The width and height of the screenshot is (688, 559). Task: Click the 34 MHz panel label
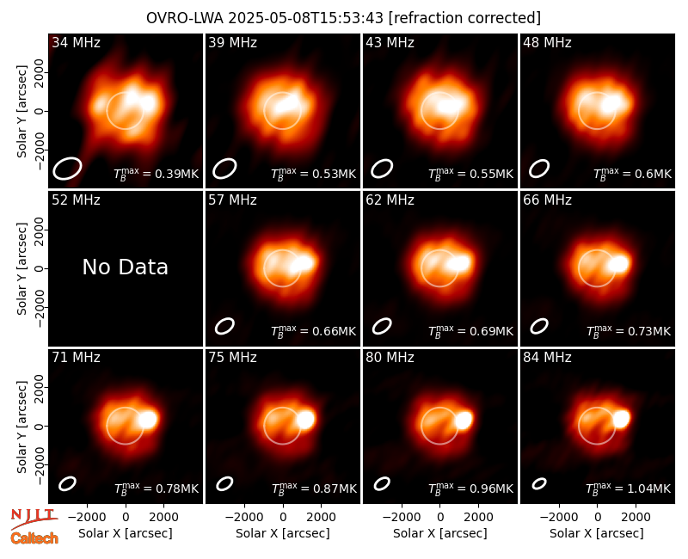tap(76, 42)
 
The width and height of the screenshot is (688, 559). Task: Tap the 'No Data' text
tap(125, 267)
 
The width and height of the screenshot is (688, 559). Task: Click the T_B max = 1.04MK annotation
tap(629, 488)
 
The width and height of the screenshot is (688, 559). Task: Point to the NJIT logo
tap(34, 519)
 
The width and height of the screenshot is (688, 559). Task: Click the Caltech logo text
tap(34, 538)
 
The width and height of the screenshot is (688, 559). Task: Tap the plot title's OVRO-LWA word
tap(184, 18)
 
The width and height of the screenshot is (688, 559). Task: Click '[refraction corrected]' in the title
tap(464, 18)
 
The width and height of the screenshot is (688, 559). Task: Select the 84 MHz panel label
tap(547, 358)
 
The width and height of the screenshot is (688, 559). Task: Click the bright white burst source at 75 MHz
tap(306, 419)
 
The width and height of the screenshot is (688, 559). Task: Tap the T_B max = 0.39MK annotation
tap(157, 174)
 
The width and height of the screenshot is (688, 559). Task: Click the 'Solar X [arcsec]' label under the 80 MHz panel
tap(439, 533)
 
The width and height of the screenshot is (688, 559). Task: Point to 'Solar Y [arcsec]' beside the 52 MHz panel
tap(21, 268)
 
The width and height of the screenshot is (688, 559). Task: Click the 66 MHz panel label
tap(547, 200)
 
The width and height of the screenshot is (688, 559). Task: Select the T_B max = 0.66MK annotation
tap(313, 331)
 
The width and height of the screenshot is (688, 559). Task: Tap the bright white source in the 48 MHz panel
tap(611, 103)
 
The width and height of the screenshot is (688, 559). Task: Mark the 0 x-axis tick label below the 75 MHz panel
tap(283, 518)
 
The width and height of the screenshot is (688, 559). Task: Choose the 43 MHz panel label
tap(390, 42)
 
